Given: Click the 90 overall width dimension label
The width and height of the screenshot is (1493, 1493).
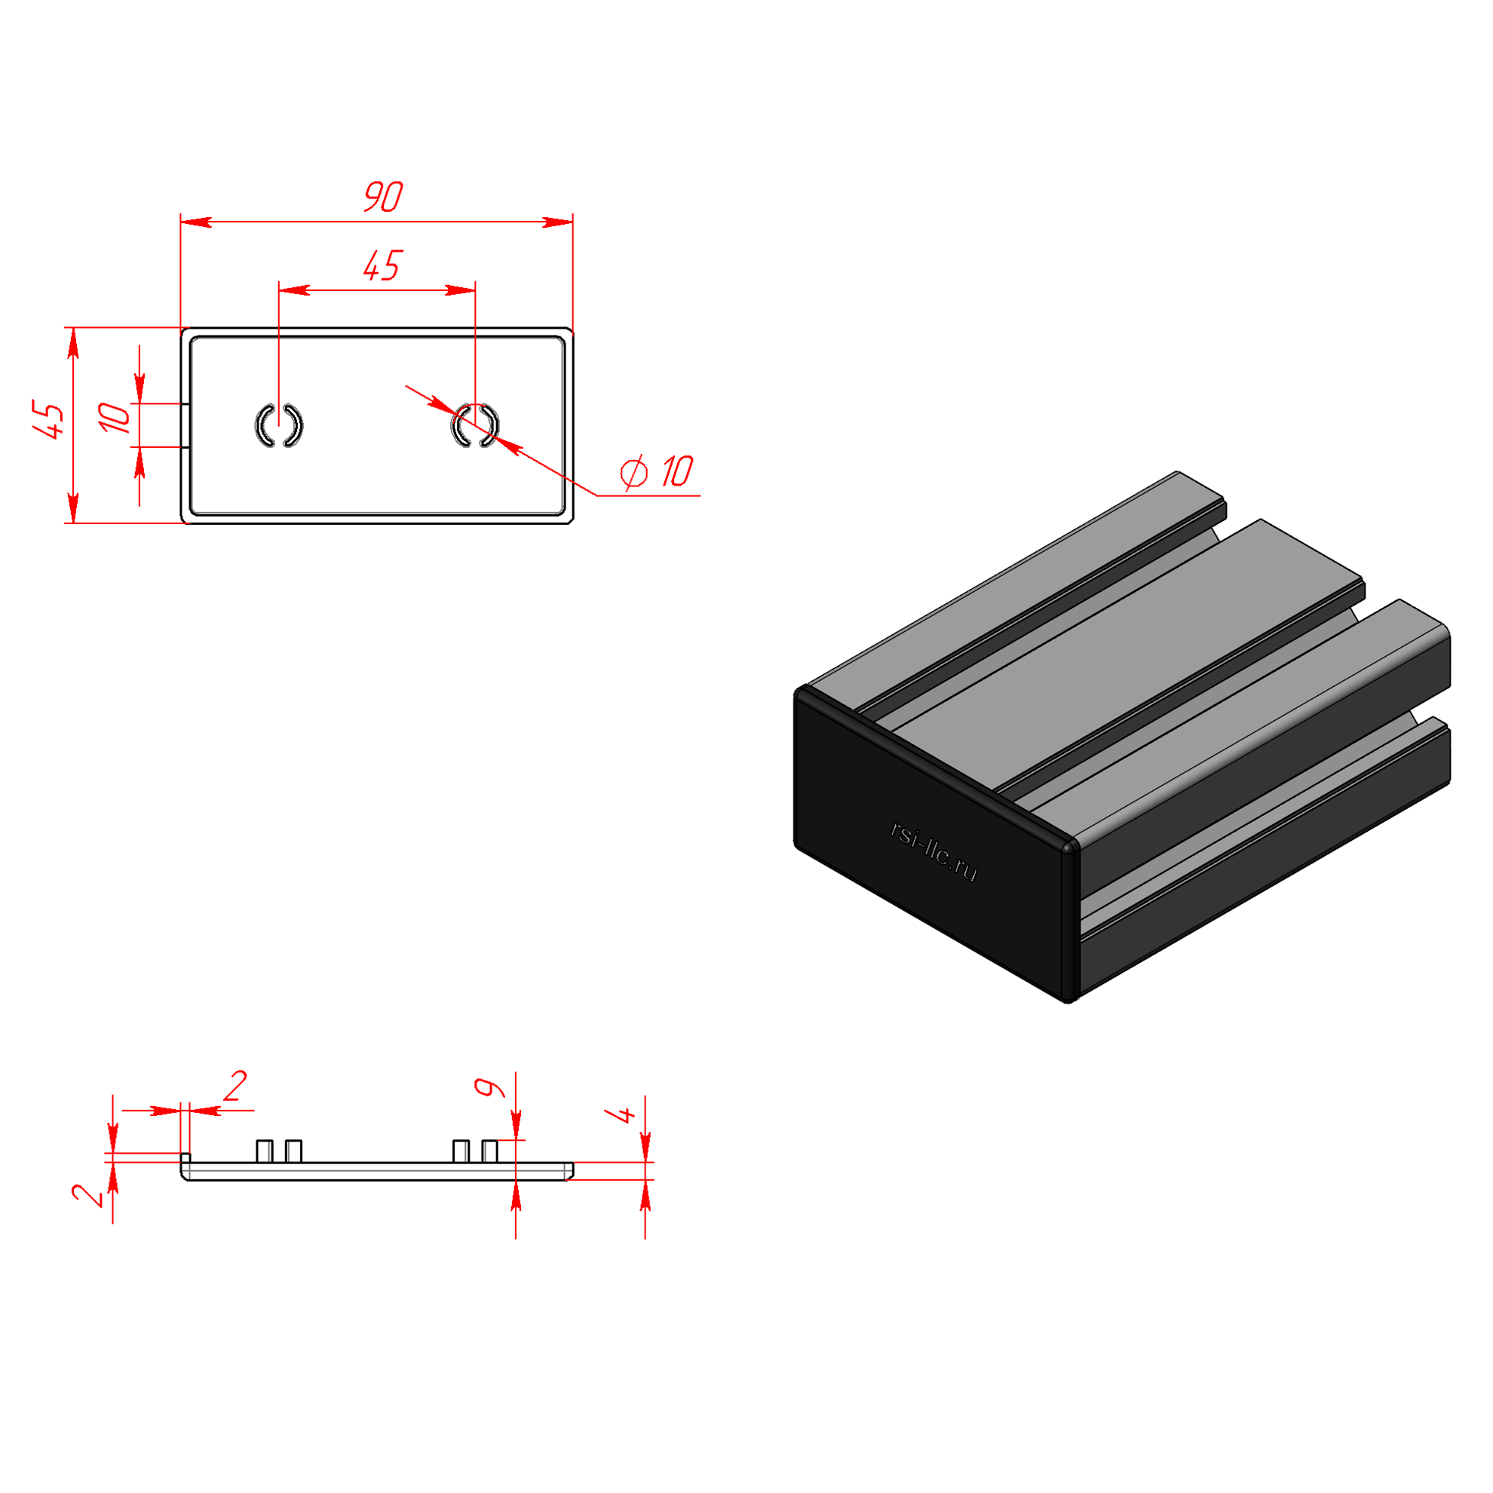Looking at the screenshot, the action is click(383, 196).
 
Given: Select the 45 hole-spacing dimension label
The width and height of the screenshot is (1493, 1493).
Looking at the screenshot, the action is click(382, 265).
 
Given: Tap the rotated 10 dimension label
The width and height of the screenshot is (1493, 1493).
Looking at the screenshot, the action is click(115, 417).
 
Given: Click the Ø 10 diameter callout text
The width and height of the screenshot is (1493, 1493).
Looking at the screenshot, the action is click(657, 471).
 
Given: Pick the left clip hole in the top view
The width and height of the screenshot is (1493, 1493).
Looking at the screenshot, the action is click(279, 425).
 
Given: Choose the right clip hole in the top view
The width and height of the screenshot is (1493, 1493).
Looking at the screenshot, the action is click(475, 425).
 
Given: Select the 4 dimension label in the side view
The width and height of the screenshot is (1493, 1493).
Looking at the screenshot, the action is click(621, 1114).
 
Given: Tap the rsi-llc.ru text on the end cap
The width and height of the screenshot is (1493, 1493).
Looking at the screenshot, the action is click(934, 851).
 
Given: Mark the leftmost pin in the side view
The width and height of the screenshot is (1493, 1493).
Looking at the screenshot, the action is click(264, 1151).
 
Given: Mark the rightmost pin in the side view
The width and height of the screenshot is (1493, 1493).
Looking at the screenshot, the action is click(489, 1151).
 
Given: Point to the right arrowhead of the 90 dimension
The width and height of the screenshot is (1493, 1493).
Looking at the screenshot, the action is click(557, 222).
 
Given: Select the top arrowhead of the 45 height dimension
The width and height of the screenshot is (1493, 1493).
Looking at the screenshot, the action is click(73, 343).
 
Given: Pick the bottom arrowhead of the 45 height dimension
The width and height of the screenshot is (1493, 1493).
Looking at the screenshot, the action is click(73, 507).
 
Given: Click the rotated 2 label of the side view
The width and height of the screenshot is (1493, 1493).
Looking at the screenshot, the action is click(87, 1194).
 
